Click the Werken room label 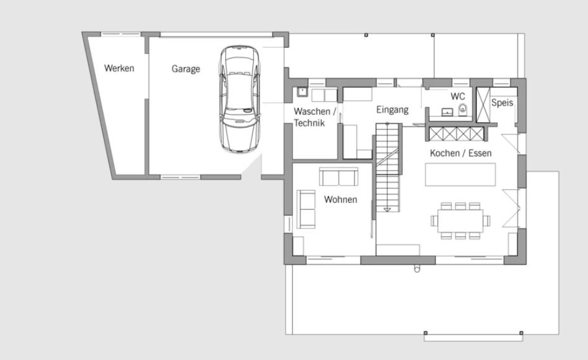[x=119, y=68]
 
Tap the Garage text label [x=185, y=69]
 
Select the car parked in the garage [x=239, y=99]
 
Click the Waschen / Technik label [x=314, y=117]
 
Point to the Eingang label [x=392, y=110]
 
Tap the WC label [x=458, y=96]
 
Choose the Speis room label [x=502, y=102]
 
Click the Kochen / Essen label [x=460, y=153]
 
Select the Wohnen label [x=341, y=199]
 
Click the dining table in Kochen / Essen [x=460, y=221]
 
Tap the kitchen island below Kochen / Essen [x=460, y=174]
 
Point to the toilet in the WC [x=463, y=109]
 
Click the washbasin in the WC [x=447, y=112]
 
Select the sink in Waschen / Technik [x=302, y=91]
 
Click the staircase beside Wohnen [x=389, y=168]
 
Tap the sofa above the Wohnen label [x=339, y=176]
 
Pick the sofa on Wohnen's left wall [x=306, y=209]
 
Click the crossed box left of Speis [x=483, y=105]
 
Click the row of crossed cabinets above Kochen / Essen [x=457, y=134]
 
